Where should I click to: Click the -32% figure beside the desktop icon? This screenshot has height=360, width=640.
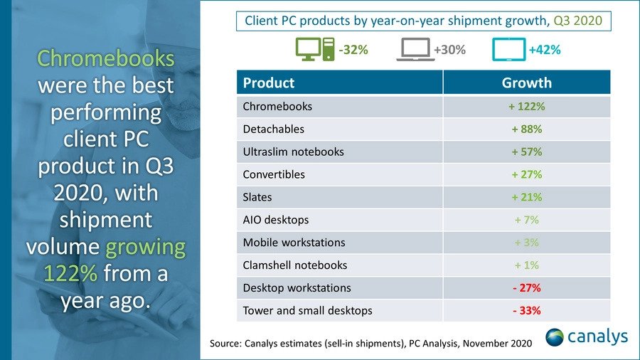pyautogui.click(x=353, y=51)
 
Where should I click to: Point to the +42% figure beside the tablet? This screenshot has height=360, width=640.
pyautogui.click(x=544, y=51)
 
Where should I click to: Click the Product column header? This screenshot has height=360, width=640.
pyautogui.click(x=269, y=83)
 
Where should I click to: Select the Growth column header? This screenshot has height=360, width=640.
pyautogui.click(x=526, y=83)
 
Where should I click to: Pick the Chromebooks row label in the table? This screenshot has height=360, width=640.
pyautogui.click(x=277, y=107)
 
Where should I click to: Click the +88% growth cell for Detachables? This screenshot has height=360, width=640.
pyautogui.click(x=526, y=129)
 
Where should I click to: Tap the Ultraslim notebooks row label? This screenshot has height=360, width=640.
pyautogui.click(x=293, y=152)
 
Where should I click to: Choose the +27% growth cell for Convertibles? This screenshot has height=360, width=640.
pyautogui.click(x=526, y=174)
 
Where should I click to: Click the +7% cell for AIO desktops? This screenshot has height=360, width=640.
pyautogui.click(x=526, y=220)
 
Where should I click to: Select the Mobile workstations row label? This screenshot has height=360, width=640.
pyautogui.click(x=294, y=243)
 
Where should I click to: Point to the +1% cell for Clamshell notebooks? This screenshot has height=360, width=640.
pyautogui.click(x=526, y=265)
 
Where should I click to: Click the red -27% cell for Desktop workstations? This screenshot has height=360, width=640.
pyautogui.click(x=526, y=288)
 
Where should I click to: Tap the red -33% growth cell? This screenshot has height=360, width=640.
pyautogui.click(x=526, y=310)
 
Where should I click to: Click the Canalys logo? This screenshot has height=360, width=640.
pyautogui.click(x=586, y=337)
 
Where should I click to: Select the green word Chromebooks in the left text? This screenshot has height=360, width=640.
pyautogui.click(x=105, y=58)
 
